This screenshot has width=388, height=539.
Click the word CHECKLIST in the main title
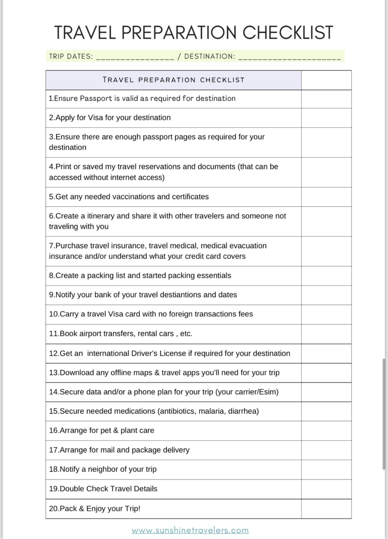tap(288, 33)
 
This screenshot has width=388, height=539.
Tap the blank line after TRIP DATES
tap(135, 57)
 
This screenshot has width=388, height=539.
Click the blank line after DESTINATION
tap(289, 57)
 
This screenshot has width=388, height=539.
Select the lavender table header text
tap(173, 80)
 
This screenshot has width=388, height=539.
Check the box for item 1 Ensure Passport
tap(326, 99)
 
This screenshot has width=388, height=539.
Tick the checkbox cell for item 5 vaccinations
tap(326, 197)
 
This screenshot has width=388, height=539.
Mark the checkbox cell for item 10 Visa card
tap(326, 314)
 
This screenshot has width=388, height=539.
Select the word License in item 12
tap(173, 354)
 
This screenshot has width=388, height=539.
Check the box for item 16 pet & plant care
tap(326, 431)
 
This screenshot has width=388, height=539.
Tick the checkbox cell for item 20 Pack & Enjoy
tap(326, 509)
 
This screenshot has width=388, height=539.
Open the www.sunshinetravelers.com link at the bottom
tap(190, 530)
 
